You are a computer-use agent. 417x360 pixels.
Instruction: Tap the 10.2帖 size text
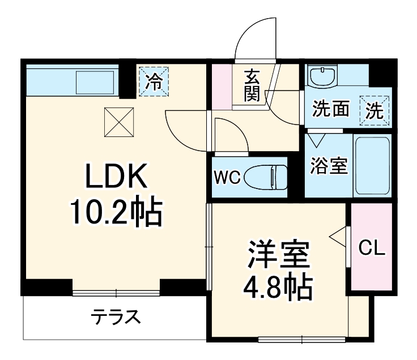116,212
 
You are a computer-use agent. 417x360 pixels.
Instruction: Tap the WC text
227,178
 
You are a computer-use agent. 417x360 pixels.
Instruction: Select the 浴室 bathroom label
329,166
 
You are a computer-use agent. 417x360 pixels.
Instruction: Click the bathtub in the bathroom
372,165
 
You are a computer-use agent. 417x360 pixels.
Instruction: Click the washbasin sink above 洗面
322,75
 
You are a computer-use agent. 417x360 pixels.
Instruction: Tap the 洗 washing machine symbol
374,110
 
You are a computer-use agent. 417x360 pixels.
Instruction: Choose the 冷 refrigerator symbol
154,81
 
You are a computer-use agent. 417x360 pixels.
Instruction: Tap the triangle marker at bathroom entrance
317,138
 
